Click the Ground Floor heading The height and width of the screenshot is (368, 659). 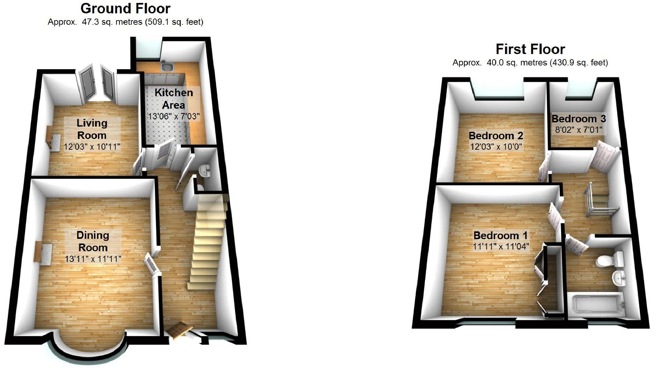125,8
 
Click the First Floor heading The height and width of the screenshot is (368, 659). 530,49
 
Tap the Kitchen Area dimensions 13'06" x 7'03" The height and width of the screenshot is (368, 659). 173,116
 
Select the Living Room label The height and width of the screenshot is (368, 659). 92,129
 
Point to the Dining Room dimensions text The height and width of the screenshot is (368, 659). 93,259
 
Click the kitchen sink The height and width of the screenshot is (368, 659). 168,67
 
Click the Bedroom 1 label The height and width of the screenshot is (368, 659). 500,235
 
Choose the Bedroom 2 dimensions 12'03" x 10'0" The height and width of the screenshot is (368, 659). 496,147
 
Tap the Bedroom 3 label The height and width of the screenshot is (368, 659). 579,119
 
